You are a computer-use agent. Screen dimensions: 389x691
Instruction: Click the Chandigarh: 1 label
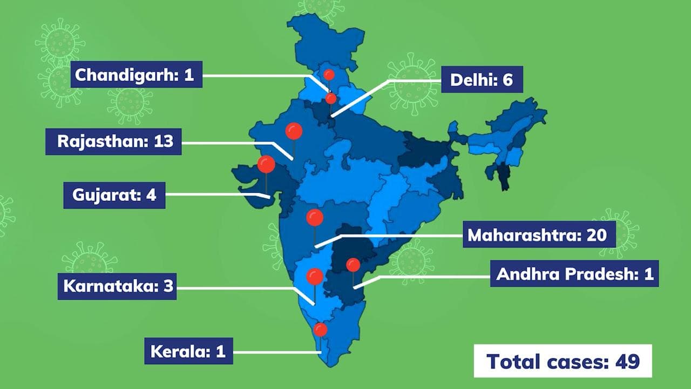(x=136, y=75)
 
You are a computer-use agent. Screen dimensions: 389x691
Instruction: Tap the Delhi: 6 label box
(x=482, y=80)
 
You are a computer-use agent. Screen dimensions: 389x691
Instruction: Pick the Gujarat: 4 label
(x=114, y=194)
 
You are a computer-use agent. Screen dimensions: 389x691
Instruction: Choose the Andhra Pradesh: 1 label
(x=574, y=274)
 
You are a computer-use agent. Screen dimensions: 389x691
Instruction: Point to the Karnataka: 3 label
(x=117, y=286)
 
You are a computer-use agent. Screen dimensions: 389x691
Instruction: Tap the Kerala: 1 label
(x=188, y=351)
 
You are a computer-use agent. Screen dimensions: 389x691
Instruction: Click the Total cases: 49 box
(x=563, y=361)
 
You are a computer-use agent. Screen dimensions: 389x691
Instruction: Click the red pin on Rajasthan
(x=294, y=131)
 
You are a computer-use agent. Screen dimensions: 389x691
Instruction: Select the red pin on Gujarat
(x=266, y=164)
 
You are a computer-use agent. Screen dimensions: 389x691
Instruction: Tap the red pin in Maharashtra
(x=315, y=218)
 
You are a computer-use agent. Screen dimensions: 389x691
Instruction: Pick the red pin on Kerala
(x=321, y=330)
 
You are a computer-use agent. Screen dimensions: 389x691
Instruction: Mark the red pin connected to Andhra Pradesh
(x=353, y=265)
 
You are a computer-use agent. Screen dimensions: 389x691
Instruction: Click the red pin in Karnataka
(x=315, y=277)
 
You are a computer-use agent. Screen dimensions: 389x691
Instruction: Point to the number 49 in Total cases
(x=627, y=361)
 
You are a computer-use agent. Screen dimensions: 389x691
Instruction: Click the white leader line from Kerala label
(x=275, y=352)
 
